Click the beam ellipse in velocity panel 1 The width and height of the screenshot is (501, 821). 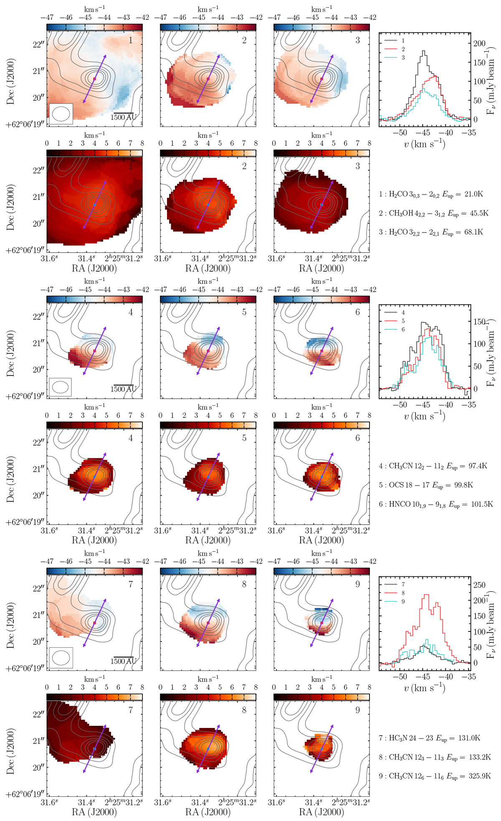click(61, 114)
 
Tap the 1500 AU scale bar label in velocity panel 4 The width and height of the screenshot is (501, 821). click(123, 389)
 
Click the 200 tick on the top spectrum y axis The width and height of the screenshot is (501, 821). click(479, 43)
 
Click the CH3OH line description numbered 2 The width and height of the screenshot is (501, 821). click(433, 213)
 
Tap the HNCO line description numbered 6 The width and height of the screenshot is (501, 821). click(435, 504)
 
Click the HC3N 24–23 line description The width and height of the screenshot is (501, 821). click(429, 738)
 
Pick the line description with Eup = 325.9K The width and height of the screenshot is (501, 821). click(435, 776)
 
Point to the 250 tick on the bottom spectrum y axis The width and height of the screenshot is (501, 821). click(479, 585)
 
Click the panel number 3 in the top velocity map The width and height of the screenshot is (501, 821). click(358, 40)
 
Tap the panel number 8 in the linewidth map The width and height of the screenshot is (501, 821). click(244, 710)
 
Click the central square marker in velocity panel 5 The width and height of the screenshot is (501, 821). click(208, 351)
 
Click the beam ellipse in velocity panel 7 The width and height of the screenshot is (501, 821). click(61, 658)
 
